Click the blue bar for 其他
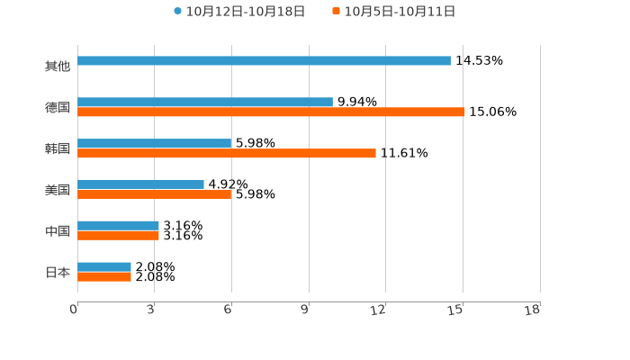pos(264,61)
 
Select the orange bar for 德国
pos(271,112)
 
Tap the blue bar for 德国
pos(205,103)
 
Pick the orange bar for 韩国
pos(227,154)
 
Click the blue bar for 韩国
pos(155,143)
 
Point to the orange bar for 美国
pos(155,194)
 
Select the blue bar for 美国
pos(141,184)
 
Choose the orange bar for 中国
pos(119,236)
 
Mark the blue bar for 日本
pos(104,266)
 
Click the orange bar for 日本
pos(104,276)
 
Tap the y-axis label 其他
pos(58,67)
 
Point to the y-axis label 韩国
pos(58,148)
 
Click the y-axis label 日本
pos(58,272)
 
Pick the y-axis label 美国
pos(58,190)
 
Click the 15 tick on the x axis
pos(456,310)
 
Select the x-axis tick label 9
pos(306,310)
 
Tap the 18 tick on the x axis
pos(533,310)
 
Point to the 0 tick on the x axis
pos(75,310)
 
